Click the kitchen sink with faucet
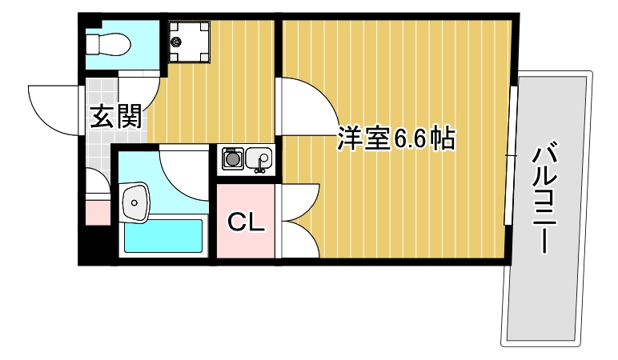click(x=259, y=159)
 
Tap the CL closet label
click(x=246, y=222)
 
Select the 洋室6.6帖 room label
click(x=395, y=139)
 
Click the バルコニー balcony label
click(x=546, y=196)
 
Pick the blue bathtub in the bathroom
click(x=162, y=237)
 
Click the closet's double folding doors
click(x=298, y=220)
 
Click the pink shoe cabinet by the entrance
click(x=98, y=212)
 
